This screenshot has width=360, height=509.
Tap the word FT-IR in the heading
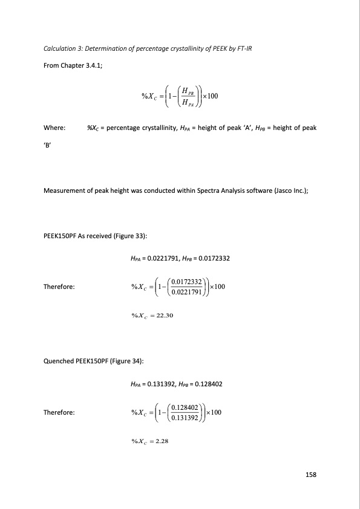point(242,48)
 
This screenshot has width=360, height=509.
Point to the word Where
point(55,128)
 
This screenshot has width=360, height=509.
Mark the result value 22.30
point(165,314)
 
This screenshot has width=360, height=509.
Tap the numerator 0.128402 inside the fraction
point(184,408)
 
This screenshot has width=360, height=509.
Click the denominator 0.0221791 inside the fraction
point(186,291)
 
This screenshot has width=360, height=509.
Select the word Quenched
point(59,360)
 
